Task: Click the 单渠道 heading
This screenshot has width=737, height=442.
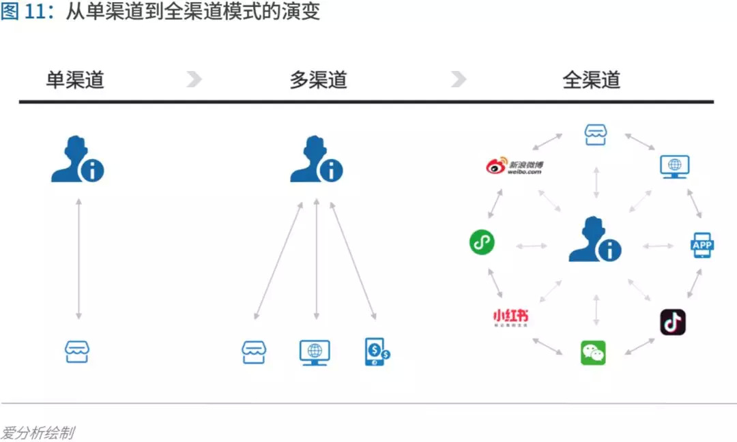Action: point(75,80)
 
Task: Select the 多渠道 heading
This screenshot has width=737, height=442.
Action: point(318,80)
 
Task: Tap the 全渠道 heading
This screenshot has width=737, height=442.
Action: point(591,80)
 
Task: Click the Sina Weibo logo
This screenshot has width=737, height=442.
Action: point(515,166)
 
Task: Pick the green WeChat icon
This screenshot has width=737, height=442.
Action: point(593,353)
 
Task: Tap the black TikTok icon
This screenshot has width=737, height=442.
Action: point(673,322)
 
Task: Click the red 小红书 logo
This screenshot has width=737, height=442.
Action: point(510,317)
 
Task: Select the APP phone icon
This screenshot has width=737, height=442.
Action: point(702,245)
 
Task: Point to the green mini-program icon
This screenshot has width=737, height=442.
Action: point(482,242)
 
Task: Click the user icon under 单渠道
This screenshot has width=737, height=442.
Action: point(77,160)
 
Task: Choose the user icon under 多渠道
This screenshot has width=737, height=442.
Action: point(316,160)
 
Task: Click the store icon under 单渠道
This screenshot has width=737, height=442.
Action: point(77,351)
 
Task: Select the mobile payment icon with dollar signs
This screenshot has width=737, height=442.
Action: point(377,352)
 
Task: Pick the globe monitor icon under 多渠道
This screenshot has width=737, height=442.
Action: point(315,352)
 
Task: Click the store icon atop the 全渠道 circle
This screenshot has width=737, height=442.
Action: point(596,134)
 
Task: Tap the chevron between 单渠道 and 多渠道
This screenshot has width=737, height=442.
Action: point(194,79)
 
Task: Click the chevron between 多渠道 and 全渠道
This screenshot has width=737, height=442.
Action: point(459,79)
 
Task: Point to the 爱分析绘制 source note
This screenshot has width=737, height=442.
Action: point(38,432)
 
